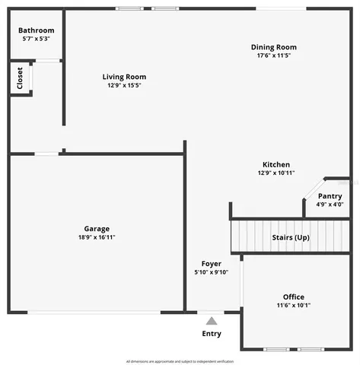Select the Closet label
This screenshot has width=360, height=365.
tap(18, 79)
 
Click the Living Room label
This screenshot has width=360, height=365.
tap(124, 77)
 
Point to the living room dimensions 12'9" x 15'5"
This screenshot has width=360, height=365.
tap(124, 85)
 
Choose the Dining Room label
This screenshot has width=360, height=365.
tap(274, 47)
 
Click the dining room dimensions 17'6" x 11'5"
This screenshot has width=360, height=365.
tap(274, 56)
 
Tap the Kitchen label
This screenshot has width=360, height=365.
tap(276, 164)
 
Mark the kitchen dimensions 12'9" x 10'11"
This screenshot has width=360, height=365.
tap(276, 173)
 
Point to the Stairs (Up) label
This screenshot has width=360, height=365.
tap(291, 237)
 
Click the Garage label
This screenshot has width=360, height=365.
tap(97, 228)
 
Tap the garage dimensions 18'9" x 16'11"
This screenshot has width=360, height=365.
tap(97, 237)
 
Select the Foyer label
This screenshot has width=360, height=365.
tap(212, 263)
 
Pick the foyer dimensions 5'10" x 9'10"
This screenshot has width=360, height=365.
tap(212, 272)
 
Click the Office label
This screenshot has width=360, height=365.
tap(293, 297)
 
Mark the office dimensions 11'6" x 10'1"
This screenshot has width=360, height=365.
tap(293, 305)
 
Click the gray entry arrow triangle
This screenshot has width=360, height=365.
tap(212, 321)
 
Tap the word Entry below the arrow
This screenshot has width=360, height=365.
tap(212, 334)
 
